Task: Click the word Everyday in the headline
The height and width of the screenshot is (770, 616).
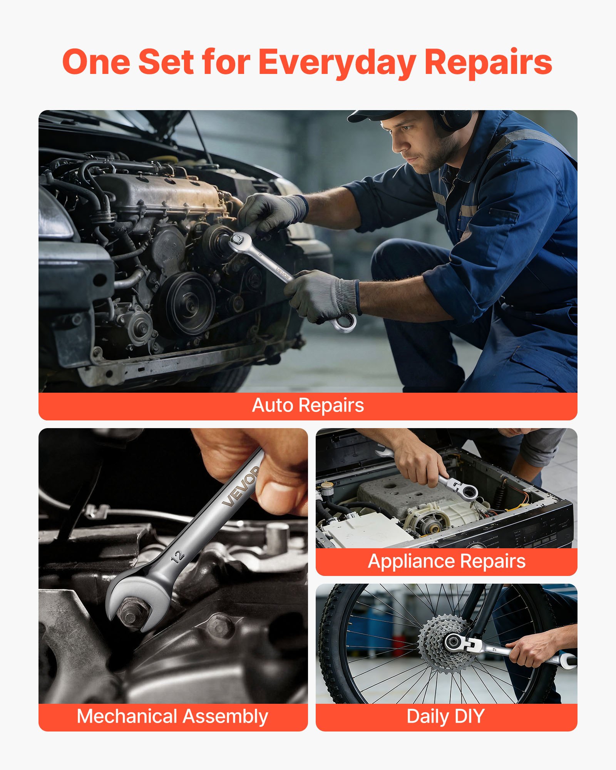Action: pos(337,62)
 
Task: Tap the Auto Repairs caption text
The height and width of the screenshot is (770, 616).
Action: pos(308,405)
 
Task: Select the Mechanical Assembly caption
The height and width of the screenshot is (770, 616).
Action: pos(172,716)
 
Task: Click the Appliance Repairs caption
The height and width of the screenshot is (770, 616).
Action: pos(447,562)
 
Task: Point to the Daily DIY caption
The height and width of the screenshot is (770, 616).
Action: pos(445,716)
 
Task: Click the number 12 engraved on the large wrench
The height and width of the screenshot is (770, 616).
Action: pos(178,556)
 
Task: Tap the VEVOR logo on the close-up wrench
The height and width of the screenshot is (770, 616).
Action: pos(241,486)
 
